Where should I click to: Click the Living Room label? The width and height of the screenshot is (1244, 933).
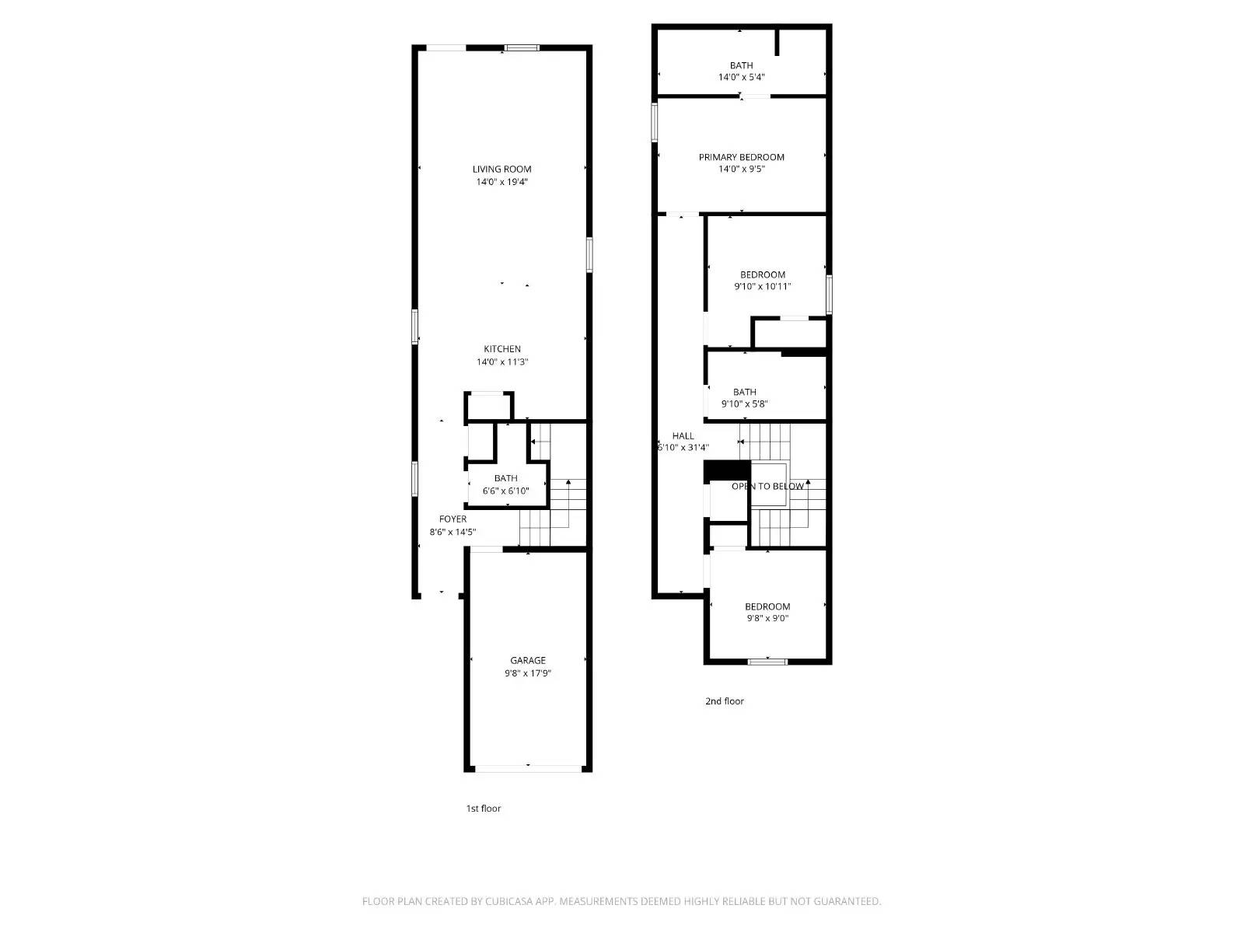click(x=502, y=169)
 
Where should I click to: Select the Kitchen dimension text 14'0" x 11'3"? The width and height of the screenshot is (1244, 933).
click(x=502, y=362)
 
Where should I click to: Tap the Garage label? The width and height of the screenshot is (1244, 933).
click(x=528, y=660)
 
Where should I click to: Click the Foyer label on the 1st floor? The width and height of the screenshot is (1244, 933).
click(x=453, y=519)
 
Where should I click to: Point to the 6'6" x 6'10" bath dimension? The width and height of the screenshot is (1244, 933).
click(x=505, y=491)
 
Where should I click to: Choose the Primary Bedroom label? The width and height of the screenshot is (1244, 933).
click(x=741, y=157)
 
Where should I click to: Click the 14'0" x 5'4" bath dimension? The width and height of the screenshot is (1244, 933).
click(x=741, y=77)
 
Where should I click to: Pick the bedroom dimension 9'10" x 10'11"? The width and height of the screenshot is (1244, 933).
click(x=762, y=286)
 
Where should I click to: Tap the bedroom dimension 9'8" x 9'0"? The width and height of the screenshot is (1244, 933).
click(x=767, y=618)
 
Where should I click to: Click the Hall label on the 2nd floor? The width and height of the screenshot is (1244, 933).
click(x=683, y=435)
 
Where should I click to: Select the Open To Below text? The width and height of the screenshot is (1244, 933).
click(x=767, y=486)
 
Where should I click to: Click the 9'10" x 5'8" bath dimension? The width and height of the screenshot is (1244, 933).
click(x=744, y=404)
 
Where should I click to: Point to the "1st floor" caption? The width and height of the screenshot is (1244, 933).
click(x=483, y=808)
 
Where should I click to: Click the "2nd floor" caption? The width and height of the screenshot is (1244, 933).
click(x=724, y=701)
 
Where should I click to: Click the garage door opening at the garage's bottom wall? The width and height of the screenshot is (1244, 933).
click(x=528, y=769)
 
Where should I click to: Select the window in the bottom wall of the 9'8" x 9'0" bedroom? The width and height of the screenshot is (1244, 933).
click(x=767, y=662)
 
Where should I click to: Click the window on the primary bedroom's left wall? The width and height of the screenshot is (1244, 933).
click(x=655, y=123)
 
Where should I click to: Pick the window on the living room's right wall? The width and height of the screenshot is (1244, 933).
click(x=589, y=254)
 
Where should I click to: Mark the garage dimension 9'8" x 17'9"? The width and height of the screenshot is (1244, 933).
click(x=528, y=673)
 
